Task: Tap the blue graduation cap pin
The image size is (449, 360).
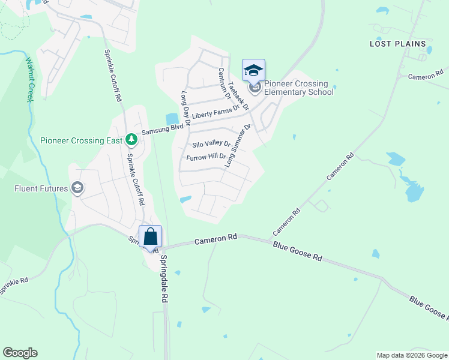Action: (253, 70)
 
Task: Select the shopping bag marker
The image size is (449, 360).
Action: (150, 236)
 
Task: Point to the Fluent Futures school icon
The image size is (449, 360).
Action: (77, 188)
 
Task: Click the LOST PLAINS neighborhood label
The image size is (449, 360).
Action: (397, 44)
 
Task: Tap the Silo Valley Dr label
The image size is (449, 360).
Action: (211, 145)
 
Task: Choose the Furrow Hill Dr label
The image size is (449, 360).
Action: (206, 157)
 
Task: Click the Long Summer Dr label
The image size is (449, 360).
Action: (238, 146)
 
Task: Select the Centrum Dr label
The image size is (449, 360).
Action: (224, 83)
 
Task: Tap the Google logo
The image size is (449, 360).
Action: (20, 353)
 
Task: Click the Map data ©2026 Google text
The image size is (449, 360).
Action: (411, 355)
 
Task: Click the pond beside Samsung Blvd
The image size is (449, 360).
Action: (172, 119)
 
